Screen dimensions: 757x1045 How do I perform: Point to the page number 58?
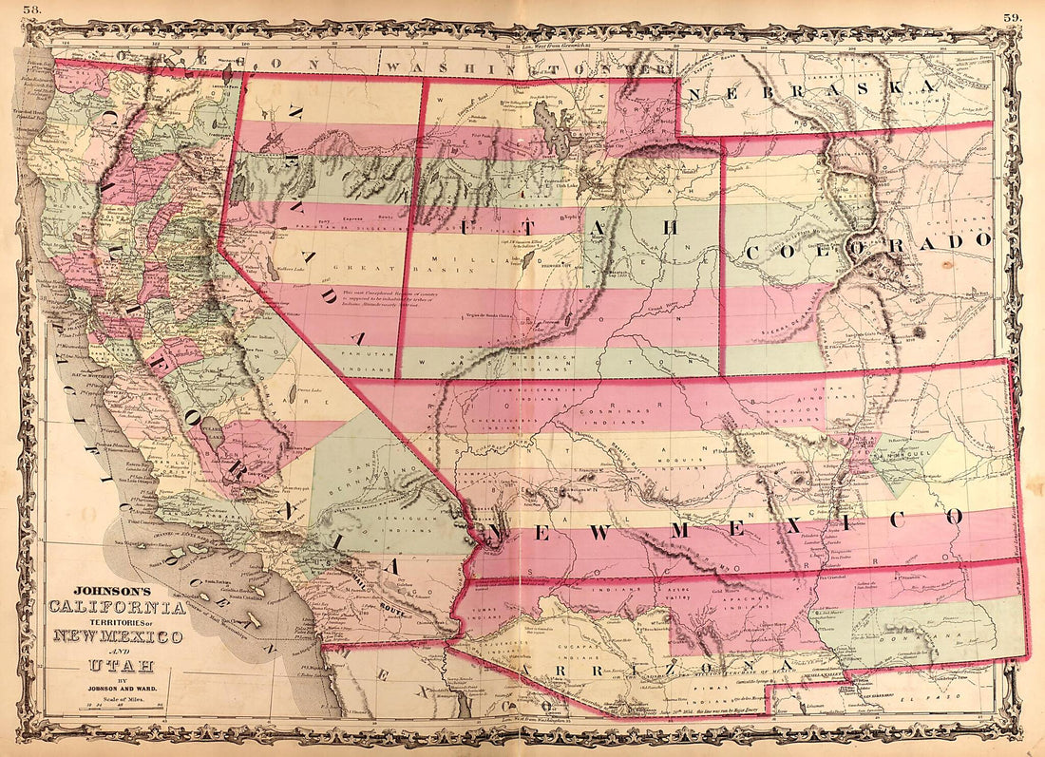(35, 9)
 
